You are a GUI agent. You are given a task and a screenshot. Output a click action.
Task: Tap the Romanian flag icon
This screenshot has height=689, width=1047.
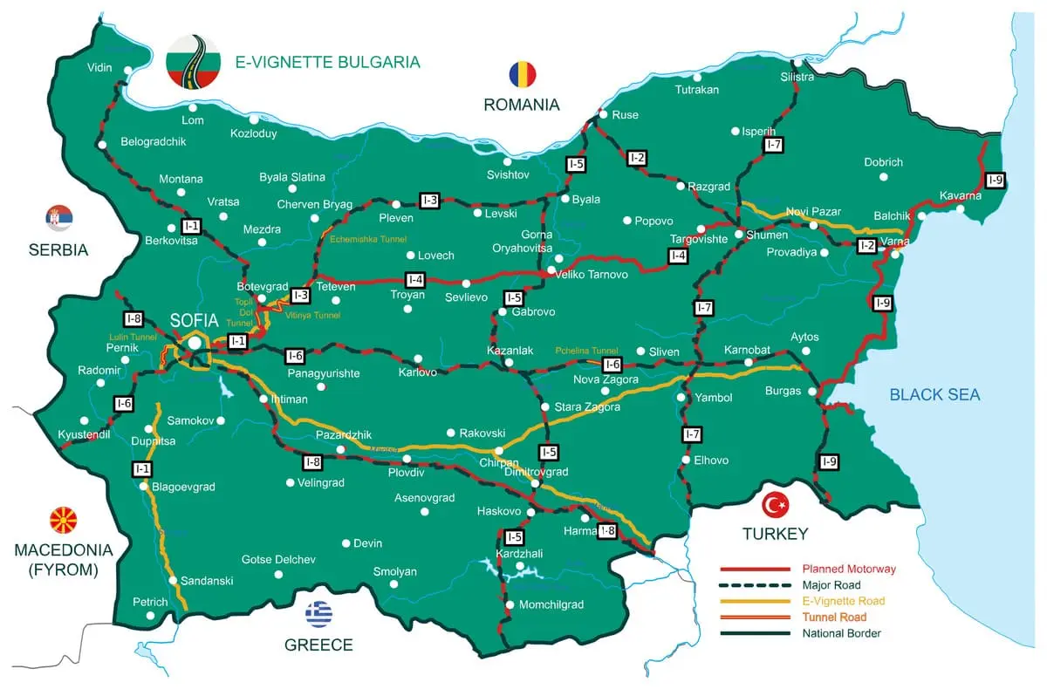click(x=522, y=74)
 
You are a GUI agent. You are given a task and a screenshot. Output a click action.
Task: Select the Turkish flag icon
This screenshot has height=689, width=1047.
click(x=775, y=504)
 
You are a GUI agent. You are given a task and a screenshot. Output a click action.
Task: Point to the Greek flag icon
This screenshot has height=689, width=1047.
click(x=318, y=614)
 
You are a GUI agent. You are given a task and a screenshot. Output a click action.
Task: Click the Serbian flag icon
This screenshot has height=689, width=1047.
click(x=59, y=218)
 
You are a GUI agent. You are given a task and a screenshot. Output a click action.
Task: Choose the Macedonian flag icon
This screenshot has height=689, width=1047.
click(x=64, y=521)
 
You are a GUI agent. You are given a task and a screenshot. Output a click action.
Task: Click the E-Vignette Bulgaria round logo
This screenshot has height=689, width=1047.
click(x=195, y=61)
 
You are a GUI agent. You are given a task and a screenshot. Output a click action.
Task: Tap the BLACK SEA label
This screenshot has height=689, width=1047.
click(x=934, y=395)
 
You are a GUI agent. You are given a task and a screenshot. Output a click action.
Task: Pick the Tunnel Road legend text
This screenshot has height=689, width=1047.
click(x=834, y=617)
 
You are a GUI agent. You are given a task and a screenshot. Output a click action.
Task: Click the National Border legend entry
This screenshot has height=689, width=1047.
click(x=841, y=633)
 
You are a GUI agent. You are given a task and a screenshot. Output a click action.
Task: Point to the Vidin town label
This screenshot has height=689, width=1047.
click(x=100, y=68)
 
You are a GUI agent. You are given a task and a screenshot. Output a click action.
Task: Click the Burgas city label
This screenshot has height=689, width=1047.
click(x=783, y=391)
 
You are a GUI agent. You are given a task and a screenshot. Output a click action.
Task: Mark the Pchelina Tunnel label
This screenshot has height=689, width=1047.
click(x=586, y=351)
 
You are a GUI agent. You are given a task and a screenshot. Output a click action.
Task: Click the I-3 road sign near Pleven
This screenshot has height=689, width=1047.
click(x=429, y=200)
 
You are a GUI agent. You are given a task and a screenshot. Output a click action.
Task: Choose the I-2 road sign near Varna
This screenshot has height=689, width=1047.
click(x=866, y=246)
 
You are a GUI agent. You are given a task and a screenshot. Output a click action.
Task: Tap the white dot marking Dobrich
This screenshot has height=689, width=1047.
click(x=884, y=176)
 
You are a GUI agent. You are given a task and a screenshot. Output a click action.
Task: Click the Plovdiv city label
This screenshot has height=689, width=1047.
click(x=406, y=472)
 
